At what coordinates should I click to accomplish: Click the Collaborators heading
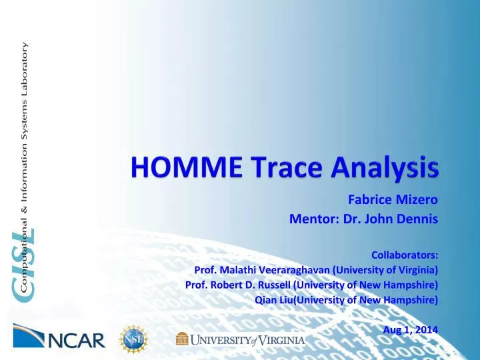[x=404, y=254]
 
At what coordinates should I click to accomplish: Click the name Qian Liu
[x=273, y=300]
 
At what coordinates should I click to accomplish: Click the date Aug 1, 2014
[x=411, y=329]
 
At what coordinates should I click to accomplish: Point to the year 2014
[x=426, y=329]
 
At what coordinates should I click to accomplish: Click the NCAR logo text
[x=77, y=341]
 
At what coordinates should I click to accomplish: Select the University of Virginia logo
[x=240, y=340]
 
